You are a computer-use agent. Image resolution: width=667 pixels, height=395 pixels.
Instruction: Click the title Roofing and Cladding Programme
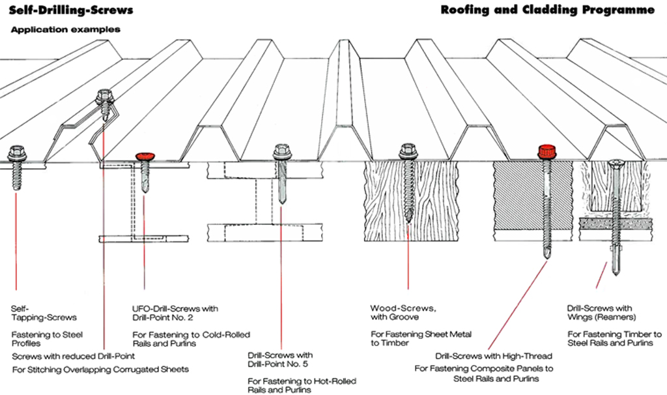click(547, 10)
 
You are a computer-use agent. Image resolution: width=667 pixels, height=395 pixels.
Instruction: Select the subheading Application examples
click(65, 30)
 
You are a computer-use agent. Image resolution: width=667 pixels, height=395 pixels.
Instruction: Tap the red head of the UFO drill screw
click(145, 156)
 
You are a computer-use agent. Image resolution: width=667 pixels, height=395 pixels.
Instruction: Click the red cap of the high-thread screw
click(546, 152)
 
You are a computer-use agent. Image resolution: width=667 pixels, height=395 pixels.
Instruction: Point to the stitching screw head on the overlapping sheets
click(104, 96)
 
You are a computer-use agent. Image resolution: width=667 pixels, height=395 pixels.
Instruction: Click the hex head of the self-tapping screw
click(16, 153)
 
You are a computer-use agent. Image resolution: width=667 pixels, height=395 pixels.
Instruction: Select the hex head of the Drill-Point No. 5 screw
click(282, 151)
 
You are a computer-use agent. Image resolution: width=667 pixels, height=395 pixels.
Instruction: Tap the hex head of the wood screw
click(408, 152)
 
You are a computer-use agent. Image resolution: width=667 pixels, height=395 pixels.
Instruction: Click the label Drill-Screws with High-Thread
click(493, 356)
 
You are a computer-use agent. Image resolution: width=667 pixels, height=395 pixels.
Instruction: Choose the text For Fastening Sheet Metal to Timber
click(421, 338)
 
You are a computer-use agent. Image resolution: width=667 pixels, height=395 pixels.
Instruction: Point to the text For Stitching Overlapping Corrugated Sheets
click(100, 370)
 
